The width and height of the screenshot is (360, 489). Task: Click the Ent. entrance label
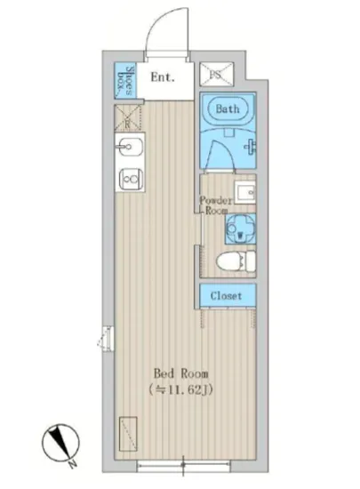coord(162,77)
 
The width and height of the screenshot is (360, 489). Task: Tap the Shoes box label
coord(128,82)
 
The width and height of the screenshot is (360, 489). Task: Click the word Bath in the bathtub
coord(228,109)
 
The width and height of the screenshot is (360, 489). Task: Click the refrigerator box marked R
coord(128,117)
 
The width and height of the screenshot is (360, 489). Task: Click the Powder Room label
coord(215,205)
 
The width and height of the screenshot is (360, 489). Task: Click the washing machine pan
coord(239,229)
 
